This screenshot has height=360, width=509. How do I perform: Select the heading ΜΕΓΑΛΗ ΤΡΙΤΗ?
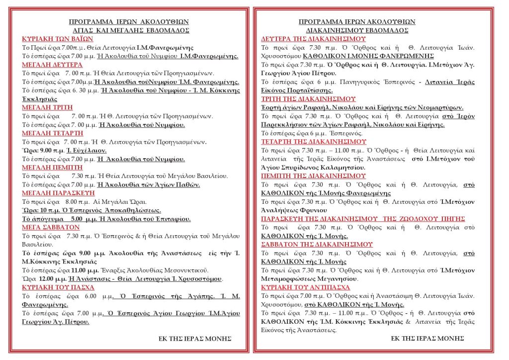pos(48,107)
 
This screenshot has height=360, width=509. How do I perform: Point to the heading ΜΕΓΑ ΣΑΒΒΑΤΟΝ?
pos(51,227)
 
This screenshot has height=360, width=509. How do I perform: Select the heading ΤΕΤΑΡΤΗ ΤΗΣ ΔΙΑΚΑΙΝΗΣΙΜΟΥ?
pos(314,141)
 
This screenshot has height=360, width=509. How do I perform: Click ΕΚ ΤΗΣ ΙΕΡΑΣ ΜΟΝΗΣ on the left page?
pos(194,338)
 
